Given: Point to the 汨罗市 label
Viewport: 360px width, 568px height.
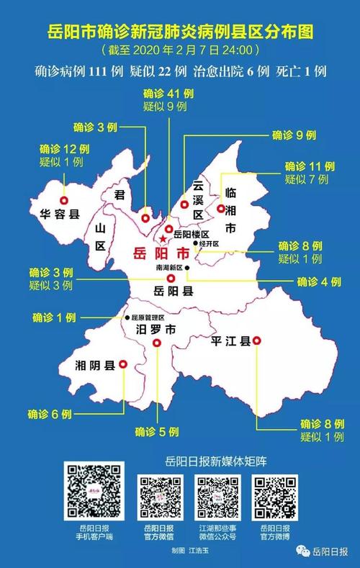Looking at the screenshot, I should (156, 330).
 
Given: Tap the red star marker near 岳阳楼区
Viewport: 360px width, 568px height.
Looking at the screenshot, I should (163, 238).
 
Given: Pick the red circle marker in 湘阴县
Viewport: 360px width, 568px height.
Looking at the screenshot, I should (122, 365).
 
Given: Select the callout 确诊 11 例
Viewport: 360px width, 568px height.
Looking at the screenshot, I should (310, 166).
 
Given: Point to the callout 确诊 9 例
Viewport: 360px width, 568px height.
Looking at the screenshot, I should (295, 135).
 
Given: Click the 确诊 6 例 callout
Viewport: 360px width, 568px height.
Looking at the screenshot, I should (50, 414).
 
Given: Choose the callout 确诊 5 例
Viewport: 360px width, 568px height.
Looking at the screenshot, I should (157, 431).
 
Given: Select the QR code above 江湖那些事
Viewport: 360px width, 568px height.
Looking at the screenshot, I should (217, 497).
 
